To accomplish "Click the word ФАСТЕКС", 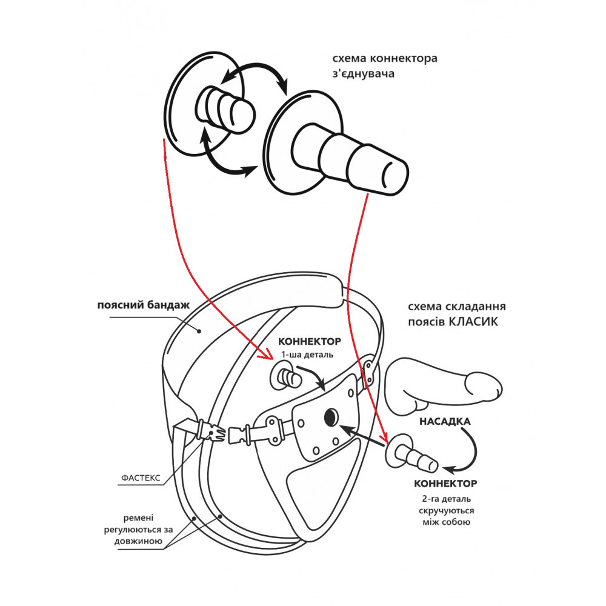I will click(x=139, y=478).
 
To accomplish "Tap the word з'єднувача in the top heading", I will click(x=362, y=74).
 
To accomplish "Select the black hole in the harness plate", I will click(x=331, y=416).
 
